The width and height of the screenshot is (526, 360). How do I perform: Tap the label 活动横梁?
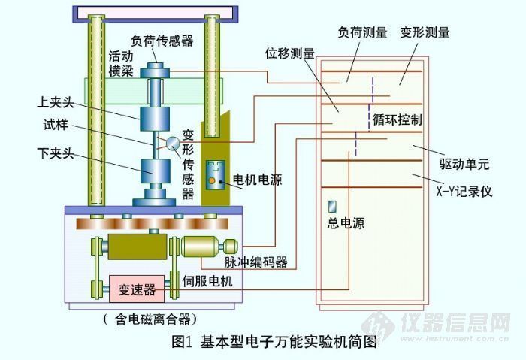[x=120, y=63]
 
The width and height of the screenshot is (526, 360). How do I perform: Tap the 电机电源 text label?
[x=258, y=180]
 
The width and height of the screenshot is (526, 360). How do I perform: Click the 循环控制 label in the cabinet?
[x=397, y=120]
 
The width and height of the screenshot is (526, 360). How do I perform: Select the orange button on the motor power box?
[x=213, y=180]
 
